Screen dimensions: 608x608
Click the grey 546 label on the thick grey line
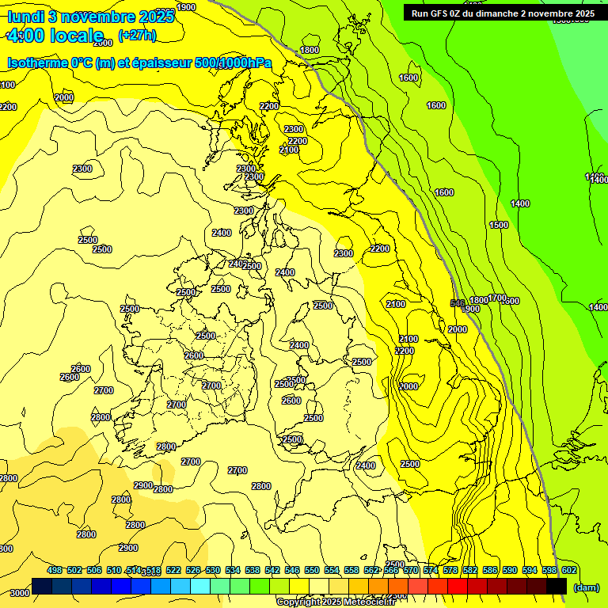457,303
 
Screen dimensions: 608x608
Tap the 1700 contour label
496,298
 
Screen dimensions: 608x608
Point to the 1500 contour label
499,225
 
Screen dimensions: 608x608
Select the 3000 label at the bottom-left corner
20,593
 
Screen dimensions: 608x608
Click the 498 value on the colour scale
55,570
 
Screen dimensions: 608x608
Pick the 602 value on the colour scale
568,570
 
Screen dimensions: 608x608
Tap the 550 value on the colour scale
312,570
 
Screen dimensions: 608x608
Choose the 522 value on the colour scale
173,570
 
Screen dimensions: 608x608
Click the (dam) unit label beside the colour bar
585,587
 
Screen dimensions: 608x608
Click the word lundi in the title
25,16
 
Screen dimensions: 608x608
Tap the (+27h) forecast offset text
137,35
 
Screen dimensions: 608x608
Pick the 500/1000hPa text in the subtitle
238,63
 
